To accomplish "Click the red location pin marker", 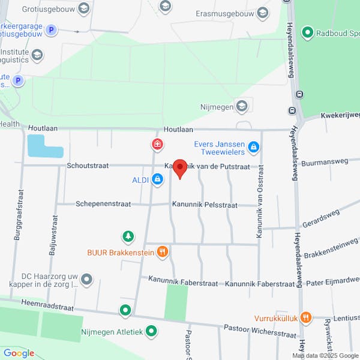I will pos(179,169).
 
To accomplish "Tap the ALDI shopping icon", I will pos(157,179).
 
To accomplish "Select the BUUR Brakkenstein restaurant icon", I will pos(162,253).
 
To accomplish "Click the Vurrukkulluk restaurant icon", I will pos(306,317).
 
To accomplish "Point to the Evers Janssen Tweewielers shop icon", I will pos(254,147).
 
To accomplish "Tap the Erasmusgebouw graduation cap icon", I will pos(262,13).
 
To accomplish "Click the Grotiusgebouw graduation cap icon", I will pos(84,8).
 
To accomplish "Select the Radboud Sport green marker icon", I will pos(308,32).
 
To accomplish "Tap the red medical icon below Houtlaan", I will pos(157,144).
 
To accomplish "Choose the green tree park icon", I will pos(127,237).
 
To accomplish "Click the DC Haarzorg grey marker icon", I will pos(87,279).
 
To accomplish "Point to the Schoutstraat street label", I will pos(88,166).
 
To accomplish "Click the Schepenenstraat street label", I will pos(103,204).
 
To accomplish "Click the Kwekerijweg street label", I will pos(340,115).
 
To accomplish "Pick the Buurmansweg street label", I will pos(325,161).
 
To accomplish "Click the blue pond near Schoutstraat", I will pos(43,146).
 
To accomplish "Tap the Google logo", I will pos(19,353).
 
